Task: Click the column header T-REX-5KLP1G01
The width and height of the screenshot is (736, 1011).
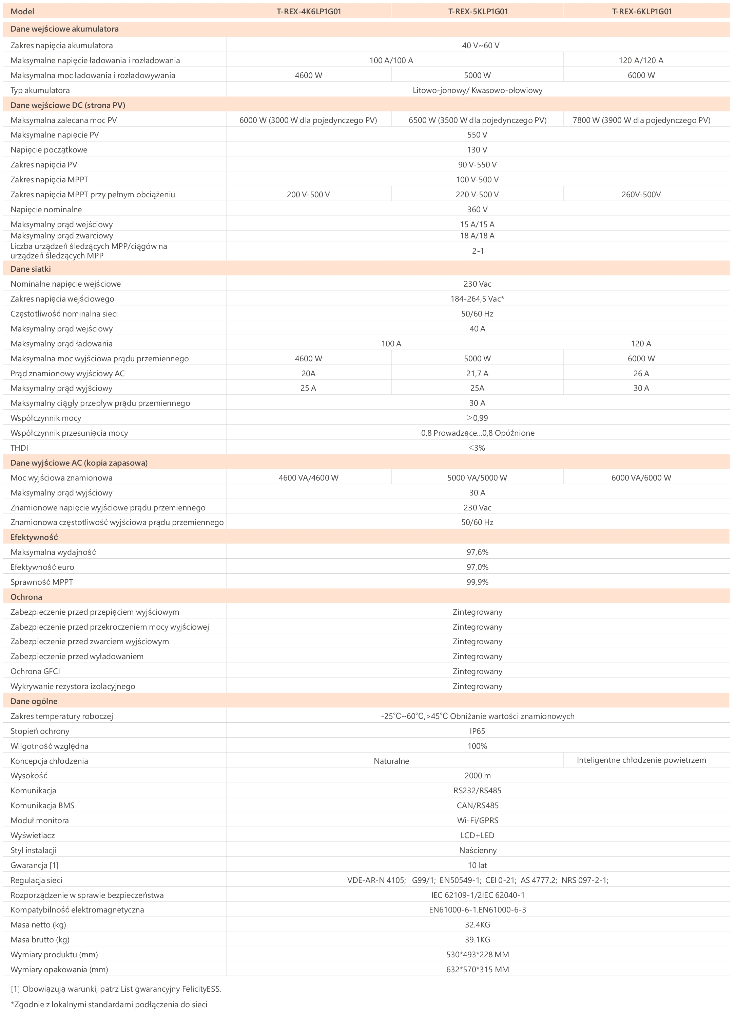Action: [x=478, y=12]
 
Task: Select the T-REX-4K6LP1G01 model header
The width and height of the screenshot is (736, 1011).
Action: [x=308, y=12]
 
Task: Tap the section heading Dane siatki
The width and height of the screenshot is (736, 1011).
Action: [x=31, y=269]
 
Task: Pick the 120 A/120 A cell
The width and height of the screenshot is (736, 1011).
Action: [x=641, y=60]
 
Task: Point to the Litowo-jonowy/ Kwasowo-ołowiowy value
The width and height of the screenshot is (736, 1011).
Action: [x=477, y=90]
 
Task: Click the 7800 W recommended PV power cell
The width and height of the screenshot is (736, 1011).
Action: [x=641, y=120]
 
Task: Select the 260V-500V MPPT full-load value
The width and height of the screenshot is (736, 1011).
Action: [x=641, y=195]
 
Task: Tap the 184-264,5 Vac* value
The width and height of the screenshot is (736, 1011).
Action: [x=477, y=299]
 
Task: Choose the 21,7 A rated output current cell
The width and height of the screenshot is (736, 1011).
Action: [x=477, y=373]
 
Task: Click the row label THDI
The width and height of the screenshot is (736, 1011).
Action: [x=19, y=448]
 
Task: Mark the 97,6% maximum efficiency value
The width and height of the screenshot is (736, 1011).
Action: [x=477, y=552]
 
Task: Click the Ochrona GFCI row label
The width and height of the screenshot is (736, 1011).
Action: [x=35, y=671]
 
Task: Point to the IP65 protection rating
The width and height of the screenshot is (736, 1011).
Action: [x=477, y=731]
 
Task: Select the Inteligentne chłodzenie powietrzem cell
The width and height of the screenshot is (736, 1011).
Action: [x=641, y=760]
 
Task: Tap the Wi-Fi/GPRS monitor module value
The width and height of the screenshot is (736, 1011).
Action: [x=477, y=820]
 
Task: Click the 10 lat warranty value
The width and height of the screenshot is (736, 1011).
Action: [x=477, y=865]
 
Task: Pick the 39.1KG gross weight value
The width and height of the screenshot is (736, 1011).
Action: [x=477, y=940]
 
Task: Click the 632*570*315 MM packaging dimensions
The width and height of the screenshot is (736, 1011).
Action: [x=477, y=970]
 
